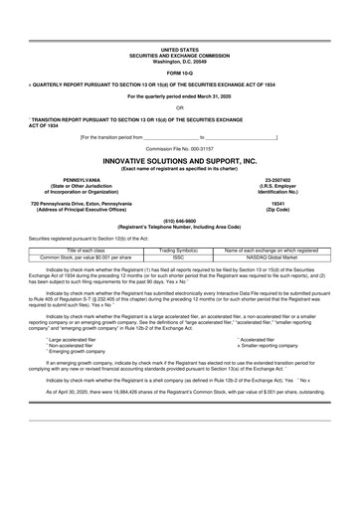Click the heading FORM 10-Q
(180, 73)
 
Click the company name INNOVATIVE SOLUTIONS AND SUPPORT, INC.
(180, 160)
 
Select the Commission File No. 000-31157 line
(180, 148)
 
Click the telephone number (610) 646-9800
(180, 221)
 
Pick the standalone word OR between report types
(180, 106)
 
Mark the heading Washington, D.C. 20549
(180, 61)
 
